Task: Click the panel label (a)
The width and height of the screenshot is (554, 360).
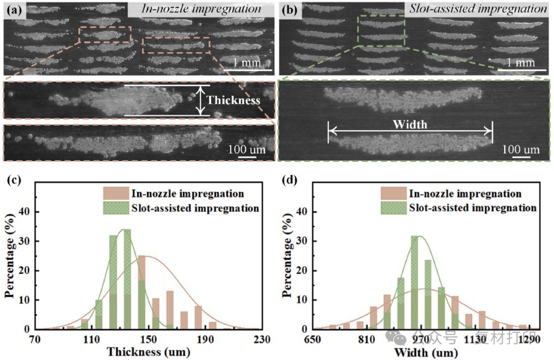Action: coord(12,9)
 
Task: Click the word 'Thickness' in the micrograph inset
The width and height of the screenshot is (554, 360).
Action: coord(233,101)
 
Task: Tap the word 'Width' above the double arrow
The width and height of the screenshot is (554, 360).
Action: coord(409,124)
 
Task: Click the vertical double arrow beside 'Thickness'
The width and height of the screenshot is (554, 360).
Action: coord(200,100)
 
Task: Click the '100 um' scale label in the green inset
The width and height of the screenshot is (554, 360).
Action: coord(521,150)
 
